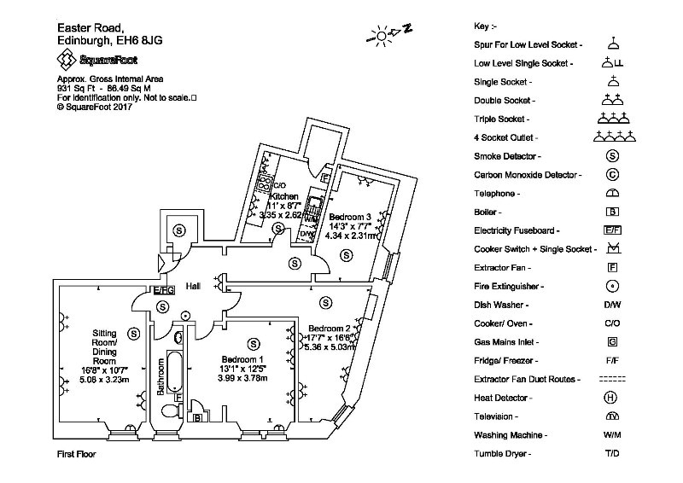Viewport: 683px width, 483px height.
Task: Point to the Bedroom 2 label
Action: [x=330, y=329]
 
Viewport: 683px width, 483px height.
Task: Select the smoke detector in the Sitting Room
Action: [x=131, y=332]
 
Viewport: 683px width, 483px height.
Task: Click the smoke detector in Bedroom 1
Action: [x=252, y=343]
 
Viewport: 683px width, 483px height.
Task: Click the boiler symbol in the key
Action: [x=611, y=212]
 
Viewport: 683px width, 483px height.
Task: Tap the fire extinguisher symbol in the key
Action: [x=611, y=286]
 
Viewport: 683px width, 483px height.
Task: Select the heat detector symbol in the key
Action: [x=611, y=397]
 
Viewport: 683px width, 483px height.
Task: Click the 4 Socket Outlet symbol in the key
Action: [x=611, y=136]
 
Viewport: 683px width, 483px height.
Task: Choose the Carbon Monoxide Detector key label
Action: [x=528, y=175]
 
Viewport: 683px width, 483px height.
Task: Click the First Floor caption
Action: [x=76, y=454]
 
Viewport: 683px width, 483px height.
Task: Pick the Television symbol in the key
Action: [x=611, y=416]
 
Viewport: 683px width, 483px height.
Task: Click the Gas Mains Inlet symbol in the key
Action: [x=611, y=342]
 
